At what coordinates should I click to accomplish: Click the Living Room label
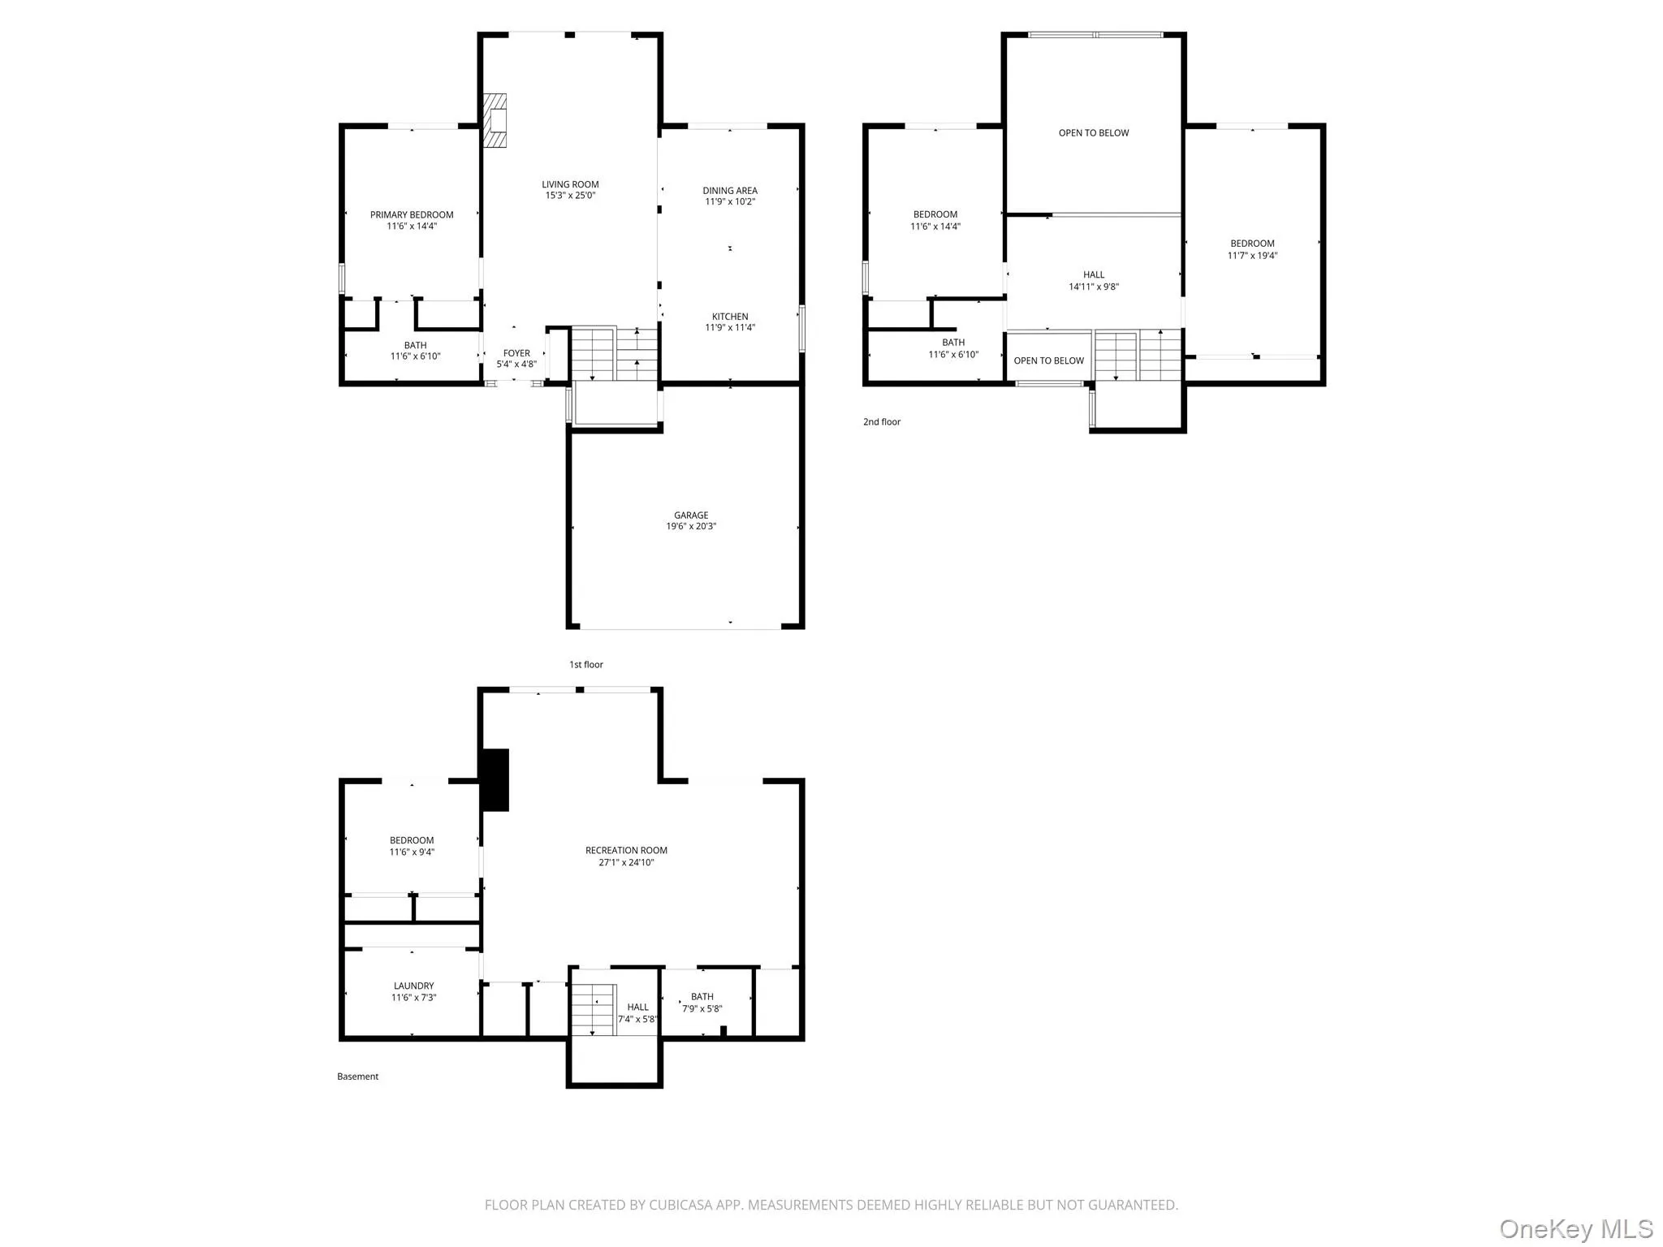570,184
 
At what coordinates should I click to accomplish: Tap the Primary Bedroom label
412,215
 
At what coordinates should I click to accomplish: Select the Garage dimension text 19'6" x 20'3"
691,526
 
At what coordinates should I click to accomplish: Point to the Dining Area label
730,191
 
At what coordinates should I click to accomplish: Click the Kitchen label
730,317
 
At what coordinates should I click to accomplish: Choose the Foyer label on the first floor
516,353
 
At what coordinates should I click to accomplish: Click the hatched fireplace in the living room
495,120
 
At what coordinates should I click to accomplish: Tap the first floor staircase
615,354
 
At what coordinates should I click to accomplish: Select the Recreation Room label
626,851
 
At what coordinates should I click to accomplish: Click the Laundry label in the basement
413,986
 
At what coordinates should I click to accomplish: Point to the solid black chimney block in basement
495,780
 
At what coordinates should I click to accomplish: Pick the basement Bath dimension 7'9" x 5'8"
702,1009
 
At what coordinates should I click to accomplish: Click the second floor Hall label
1094,274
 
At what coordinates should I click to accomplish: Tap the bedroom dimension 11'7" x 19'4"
1252,256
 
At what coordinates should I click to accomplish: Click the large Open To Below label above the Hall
1094,133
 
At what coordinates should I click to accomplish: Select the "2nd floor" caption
882,422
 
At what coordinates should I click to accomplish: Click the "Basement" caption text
358,1077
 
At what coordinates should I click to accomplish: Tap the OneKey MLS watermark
1576,1228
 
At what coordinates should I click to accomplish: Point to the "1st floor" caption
586,665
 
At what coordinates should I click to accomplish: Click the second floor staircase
1138,355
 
